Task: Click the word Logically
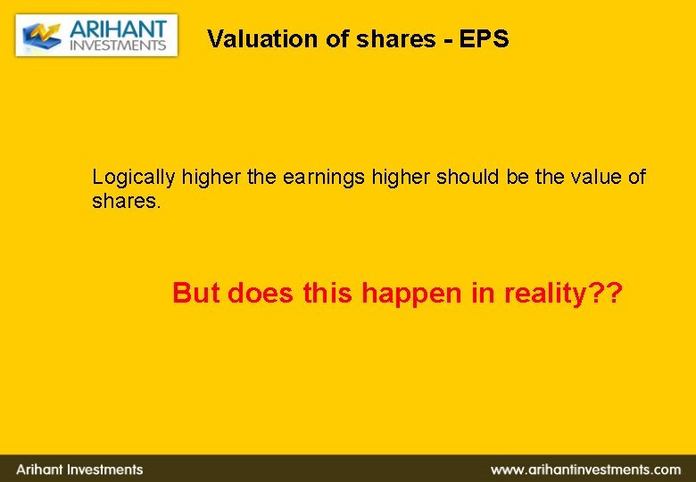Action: pos(134,177)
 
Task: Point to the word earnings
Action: pos(324,177)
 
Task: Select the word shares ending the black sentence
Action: pos(126,201)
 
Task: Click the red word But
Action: pos(195,293)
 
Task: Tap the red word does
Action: pos(261,293)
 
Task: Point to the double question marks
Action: pos(605,293)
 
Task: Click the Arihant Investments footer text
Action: pos(79,470)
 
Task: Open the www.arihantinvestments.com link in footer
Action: pos(584,470)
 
